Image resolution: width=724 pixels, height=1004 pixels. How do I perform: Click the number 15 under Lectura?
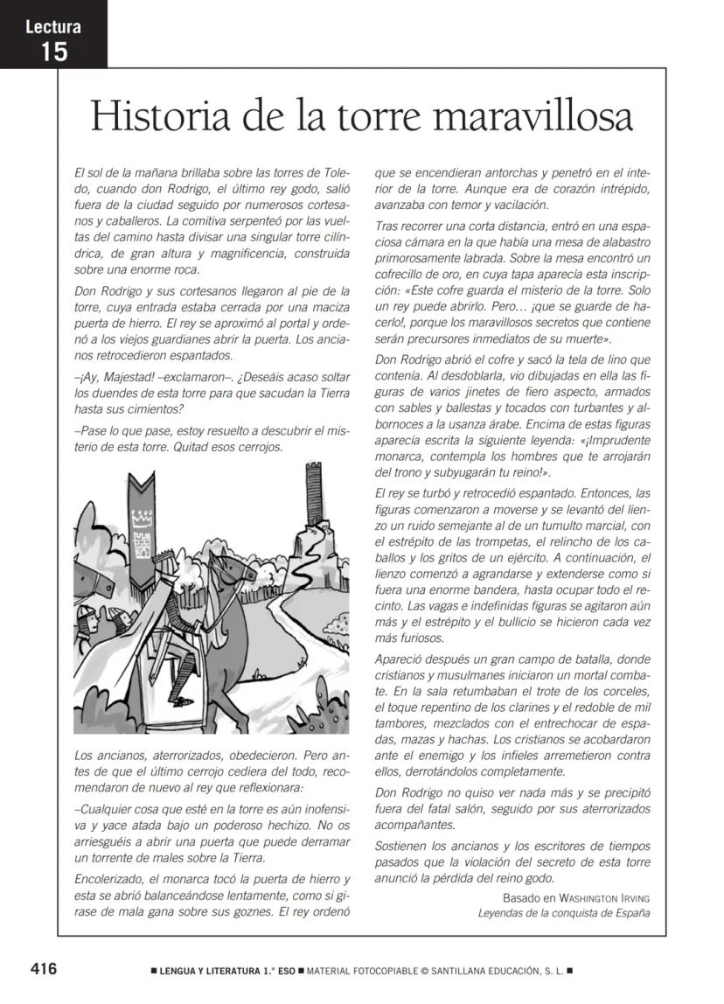(x=53, y=52)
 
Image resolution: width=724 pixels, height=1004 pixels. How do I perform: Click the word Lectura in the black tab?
(x=53, y=26)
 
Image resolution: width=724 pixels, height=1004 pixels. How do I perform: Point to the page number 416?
(x=44, y=968)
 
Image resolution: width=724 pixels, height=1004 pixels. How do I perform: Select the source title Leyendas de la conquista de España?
(x=564, y=913)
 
